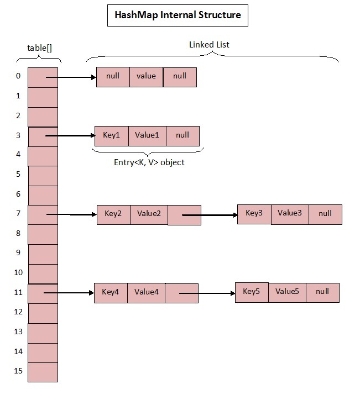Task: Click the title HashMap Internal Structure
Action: (x=177, y=15)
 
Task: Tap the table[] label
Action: (x=39, y=48)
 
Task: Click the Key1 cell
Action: (x=111, y=135)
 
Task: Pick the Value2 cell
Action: (x=148, y=214)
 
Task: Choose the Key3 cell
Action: (x=254, y=213)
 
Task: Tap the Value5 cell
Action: (x=287, y=292)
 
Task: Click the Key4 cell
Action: (x=111, y=292)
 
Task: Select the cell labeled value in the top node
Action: (x=146, y=77)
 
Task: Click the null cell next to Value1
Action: (x=182, y=135)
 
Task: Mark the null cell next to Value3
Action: (x=325, y=214)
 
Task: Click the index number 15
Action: (x=18, y=371)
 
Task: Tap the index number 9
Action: (x=18, y=252)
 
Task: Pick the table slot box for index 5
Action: (x=43, y=176)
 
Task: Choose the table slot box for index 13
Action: (x=43, y=333)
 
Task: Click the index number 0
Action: (x=18, y=76)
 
